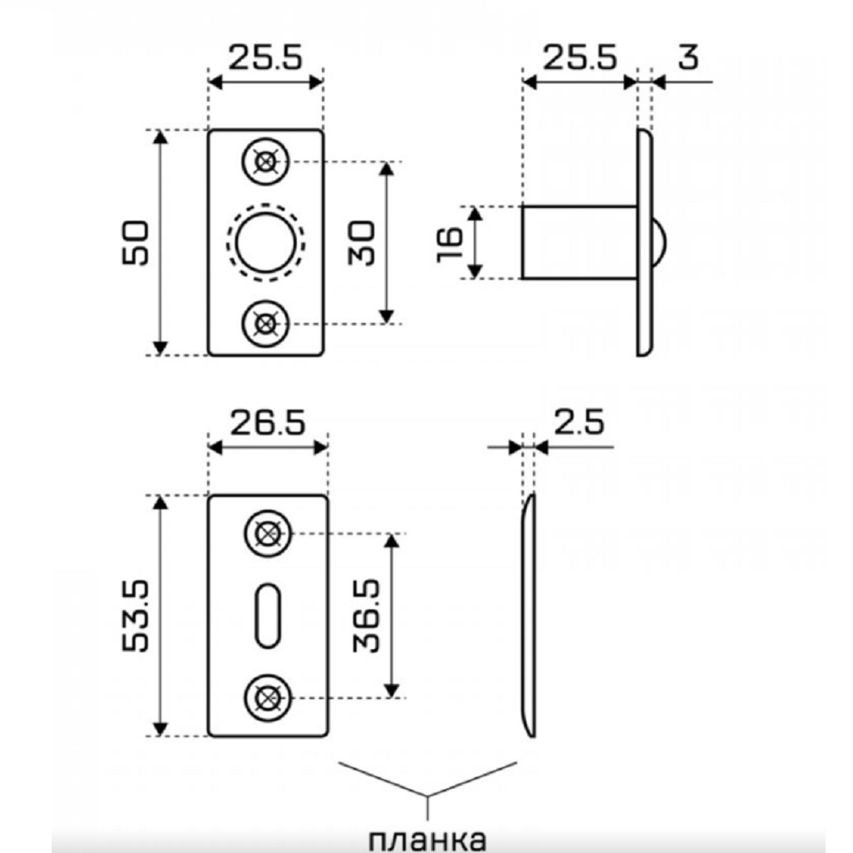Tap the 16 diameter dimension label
tap(450, 243)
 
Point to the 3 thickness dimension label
tap(687, 58)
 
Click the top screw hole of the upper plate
tap(265, 161)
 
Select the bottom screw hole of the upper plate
tap(265, 323)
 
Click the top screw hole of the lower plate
tap(268, 533)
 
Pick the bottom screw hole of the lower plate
tap(268, 696)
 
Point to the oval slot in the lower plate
tap(267, 614)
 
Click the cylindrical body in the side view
tap(578, 242)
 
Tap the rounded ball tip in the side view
tap(659, 242)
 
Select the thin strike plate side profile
tap(529, 616)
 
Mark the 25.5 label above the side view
tap(579, 58)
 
